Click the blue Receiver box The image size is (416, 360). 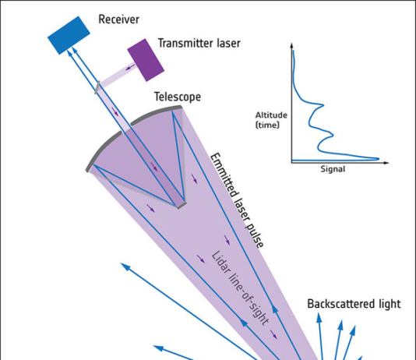pos(69,35)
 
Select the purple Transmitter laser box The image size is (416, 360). pos(146,60)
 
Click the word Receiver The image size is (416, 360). pos(118,19)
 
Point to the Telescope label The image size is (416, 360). pos(178,97)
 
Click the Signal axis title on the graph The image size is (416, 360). pos(333,169)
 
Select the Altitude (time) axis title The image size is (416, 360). pos(271,120)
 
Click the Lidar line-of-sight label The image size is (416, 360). pos(240,288)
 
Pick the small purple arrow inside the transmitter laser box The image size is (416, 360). pos(130,67)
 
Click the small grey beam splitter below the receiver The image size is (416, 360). pos(97,87)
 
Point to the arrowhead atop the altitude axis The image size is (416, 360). pos(292,45)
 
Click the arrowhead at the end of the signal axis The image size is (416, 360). pos(386,162)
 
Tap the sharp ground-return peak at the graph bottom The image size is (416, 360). pos(377,159)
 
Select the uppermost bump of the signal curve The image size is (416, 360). pos(321,105)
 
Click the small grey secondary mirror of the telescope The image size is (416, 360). pos(181,205)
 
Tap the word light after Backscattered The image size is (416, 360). pos(390,304)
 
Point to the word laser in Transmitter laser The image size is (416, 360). pos(229,43)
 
